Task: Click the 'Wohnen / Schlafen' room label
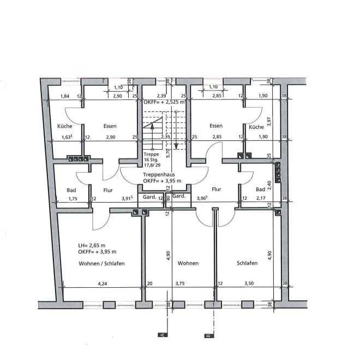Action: coord(101,263)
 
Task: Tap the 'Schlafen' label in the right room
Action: coord(247,263)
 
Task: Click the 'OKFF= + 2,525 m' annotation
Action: coord(164,102)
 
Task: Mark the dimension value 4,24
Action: coord(102,283)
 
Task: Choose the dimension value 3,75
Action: coord(179,283)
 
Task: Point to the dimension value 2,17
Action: coord(260,199)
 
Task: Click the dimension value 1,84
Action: coord(64,96)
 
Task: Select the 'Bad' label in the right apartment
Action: coord(260,190)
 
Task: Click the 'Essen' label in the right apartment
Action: coord(216,126)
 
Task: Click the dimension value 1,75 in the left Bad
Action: coord(72,199)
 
